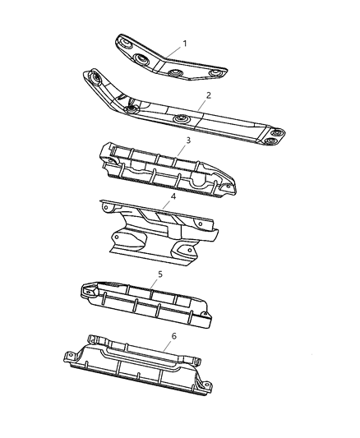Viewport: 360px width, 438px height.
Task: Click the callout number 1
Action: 185,43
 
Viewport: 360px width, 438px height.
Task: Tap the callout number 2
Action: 209,95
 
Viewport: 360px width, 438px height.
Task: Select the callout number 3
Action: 188,141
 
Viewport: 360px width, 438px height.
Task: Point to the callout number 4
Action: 173,197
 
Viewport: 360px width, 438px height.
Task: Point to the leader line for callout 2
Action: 197,104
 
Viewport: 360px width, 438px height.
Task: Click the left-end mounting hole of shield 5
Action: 85,289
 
